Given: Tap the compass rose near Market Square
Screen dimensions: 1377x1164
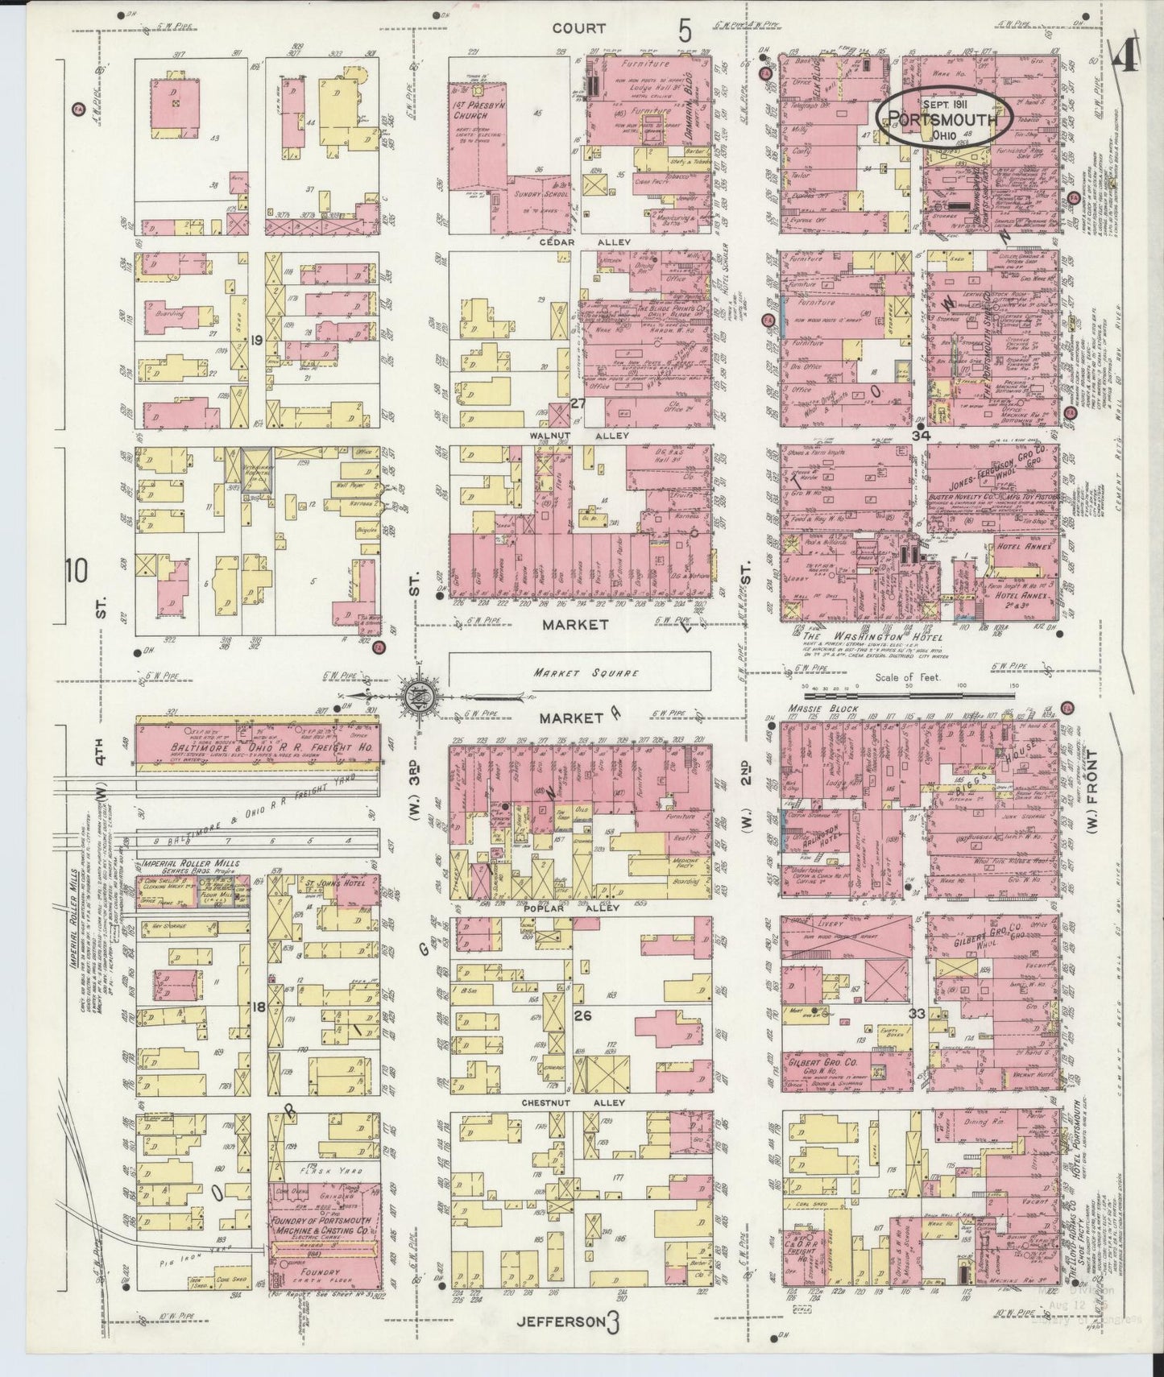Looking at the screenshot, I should (x=422, y=693).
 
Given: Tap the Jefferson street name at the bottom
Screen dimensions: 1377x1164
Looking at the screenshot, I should (x=561, y=1320).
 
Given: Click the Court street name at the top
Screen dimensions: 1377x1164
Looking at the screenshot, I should (x=578, y=28).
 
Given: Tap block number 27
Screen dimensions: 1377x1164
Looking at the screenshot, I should (x=577, y=403).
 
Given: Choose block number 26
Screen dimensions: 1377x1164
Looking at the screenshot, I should (x=582, y=1015).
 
